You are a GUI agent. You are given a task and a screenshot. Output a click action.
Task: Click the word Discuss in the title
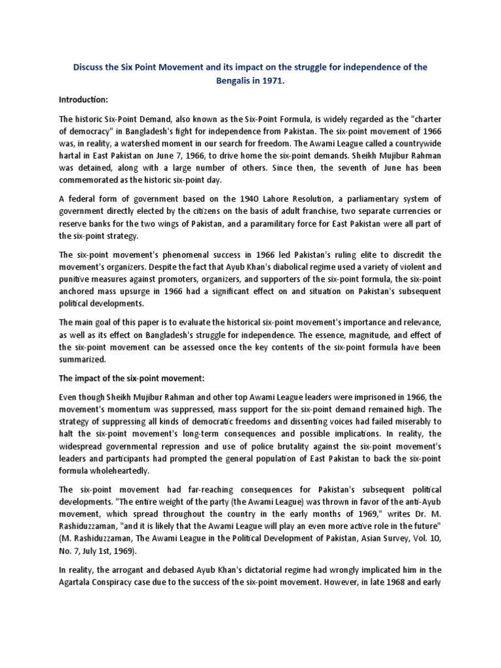click(89, 68)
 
